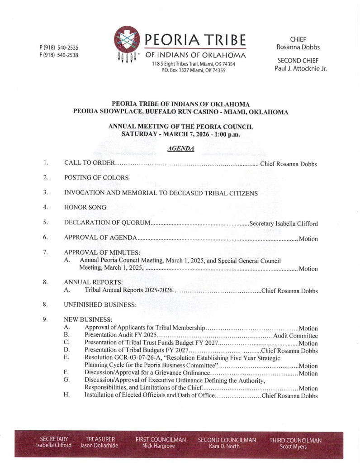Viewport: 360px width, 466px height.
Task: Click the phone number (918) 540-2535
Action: point(59,47)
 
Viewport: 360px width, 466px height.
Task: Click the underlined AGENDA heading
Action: point(180,149)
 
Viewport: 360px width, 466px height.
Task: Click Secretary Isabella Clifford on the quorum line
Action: point(284,223)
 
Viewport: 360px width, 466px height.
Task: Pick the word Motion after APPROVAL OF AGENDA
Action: point(308,238)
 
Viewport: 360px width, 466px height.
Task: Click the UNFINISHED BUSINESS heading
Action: point(100,304)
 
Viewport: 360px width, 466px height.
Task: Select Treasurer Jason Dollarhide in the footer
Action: point(100,442)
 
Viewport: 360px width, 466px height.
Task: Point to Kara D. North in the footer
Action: point(227,446)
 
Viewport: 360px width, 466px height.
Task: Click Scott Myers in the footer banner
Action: point(295,446)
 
